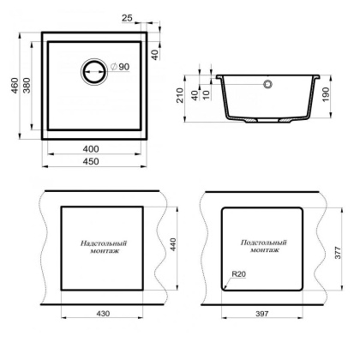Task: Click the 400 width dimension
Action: (102, 148)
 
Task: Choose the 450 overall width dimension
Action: (102, 160)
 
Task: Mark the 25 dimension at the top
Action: (151, 18)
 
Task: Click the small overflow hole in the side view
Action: (267, 84)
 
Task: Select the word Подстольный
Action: (263, 243)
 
